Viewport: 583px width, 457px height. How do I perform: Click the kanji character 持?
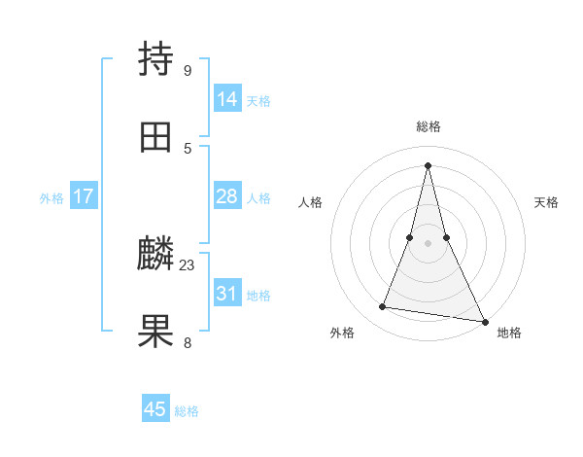click(156, 59)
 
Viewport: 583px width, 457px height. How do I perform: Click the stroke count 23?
click(188, 264)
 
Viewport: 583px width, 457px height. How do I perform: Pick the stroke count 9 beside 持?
click(188, 70)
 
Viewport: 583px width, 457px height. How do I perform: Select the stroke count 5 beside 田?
click(188, 148)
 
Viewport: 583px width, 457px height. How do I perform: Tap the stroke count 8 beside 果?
click(188, 342)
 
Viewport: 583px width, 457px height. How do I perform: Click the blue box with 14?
click(227, 98)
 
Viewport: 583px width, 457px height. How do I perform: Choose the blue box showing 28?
click(227, 196)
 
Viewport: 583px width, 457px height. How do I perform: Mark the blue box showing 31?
click(227, 293)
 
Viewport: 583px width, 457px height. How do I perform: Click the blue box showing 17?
click(84, 196)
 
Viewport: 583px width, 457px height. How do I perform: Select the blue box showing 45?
click(155, 409)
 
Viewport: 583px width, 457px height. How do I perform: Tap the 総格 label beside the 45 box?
click(187, 411)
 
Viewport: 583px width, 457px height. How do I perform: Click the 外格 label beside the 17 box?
click(51, 198)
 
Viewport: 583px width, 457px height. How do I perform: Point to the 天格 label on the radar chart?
click(546, 202)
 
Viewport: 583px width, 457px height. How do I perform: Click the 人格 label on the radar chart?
click(310, 202)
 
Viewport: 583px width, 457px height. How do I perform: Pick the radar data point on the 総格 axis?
click(428, 164)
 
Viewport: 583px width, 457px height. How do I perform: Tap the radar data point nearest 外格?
click(383, 307)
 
